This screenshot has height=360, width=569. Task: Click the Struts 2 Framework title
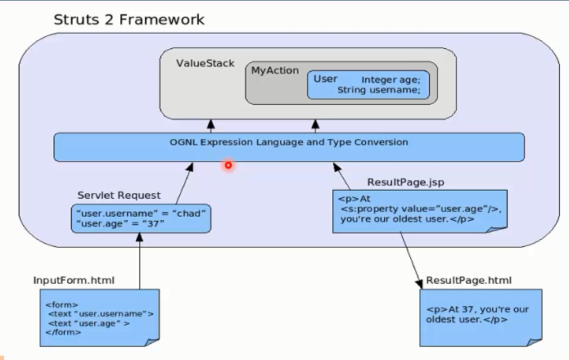(129, 20)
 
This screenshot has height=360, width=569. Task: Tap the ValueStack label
(205, 64)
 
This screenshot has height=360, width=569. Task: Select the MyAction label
(275, 70)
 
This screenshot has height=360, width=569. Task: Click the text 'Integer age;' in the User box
(391, 80)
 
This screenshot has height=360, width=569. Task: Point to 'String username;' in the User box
(379, 90)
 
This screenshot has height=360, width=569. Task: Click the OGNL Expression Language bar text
(289, 142)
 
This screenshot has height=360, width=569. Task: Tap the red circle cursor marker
(228, 165)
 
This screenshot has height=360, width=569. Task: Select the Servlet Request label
(119, 196)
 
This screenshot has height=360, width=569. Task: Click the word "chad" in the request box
(188, 214)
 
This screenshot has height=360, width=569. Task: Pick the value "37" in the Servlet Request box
(153, 223)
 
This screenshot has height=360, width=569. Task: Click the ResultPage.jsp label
(406, 182)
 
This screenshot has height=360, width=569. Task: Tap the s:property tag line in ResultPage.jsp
(421, 209)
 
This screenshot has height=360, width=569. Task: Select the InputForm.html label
(74, 281)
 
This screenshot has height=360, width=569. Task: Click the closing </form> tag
(63, 332)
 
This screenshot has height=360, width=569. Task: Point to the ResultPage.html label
(469, 281)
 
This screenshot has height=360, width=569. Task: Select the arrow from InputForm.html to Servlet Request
(139, 261)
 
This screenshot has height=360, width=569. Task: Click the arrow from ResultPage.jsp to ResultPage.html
(411, 261)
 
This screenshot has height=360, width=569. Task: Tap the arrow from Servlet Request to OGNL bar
(184, 183)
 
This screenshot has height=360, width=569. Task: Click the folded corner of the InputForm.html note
(152, 342)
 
